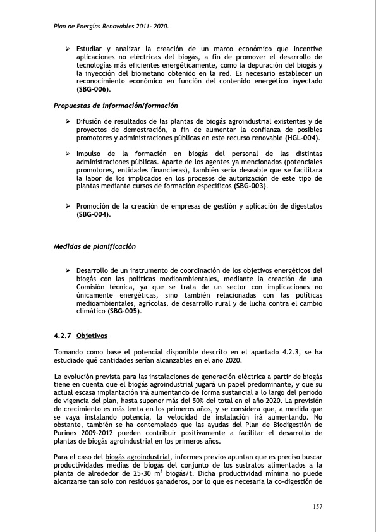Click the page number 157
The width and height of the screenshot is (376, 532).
(x=318, y=506)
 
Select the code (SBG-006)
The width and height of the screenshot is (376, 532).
(x=94, y=90)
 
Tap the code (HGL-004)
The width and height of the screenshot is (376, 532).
(x=302, y=138)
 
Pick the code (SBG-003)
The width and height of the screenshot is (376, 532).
(x=251, y=186)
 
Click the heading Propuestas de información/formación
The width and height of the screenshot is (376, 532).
(x=116, y=106)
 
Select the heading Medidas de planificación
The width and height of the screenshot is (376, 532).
(x=95, y=246)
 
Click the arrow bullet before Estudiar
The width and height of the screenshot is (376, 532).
(x=68, y=49)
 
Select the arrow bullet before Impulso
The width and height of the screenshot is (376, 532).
(x=68, y=154)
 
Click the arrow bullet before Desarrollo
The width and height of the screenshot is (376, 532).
(x=68, y=271)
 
